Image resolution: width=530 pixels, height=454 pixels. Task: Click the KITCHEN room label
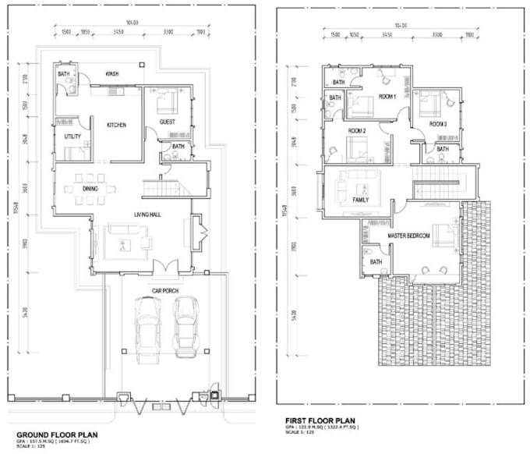tap(116, 125)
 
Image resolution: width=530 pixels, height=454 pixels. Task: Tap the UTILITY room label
tap(73, 137)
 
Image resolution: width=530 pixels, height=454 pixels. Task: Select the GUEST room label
tap(166, 123)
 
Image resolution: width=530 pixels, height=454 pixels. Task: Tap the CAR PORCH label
tap(165, 290)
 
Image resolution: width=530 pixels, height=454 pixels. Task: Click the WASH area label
tap(111, 74)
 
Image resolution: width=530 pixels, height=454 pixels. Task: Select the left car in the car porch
tap(147, 328)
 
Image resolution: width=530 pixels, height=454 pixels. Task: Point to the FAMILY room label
tap(360, 200)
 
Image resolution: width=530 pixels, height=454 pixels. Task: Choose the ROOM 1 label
tap(387, 96)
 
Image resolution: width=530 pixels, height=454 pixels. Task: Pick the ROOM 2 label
tap(357, 130)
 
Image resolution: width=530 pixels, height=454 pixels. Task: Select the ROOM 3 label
tap(438, 123)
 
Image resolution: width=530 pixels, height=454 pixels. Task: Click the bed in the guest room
tap(167, 103)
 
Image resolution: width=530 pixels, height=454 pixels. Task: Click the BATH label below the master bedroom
tap(375, 262)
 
